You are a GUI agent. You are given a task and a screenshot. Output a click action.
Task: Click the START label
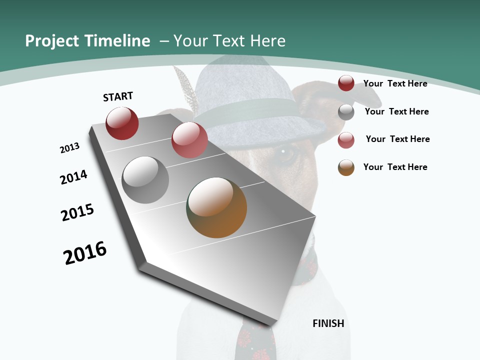(x=118, y=96)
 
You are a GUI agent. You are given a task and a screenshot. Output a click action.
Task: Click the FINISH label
(x=328, y=323)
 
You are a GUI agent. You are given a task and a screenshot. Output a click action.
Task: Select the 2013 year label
(x=69, y=148)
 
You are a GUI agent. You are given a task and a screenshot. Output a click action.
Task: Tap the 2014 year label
(x=73, y=177)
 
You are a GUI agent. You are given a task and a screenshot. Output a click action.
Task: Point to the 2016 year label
(x=85, y=253)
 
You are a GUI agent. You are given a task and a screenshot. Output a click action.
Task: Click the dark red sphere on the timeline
(x=122, y=123)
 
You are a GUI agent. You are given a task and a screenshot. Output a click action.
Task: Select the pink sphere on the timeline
(x=189, y=140)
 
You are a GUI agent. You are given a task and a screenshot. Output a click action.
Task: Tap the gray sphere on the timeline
(x=145, y=180)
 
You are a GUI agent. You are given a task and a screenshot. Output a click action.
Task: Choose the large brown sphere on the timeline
(x=216, y=207)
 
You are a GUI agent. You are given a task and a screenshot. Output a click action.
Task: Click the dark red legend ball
(x=346, y=83)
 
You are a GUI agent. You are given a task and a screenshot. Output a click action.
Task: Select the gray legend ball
(x=346, y=112)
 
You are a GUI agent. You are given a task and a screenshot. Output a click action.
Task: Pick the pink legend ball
(x=346, y=140)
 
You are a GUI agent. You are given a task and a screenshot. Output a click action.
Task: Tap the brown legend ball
(x=346, y=167)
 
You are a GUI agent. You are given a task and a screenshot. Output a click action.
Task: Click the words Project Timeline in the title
(x=87, y=41)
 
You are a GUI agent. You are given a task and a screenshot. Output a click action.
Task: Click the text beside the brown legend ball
(x=395, y=167)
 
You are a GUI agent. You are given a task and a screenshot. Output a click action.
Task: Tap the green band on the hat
(x=250, y=111)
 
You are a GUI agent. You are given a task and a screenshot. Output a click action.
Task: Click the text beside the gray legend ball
(x=396, y=111)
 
